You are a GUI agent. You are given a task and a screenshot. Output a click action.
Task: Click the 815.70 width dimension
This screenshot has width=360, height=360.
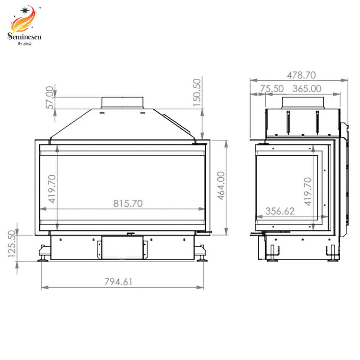tap(128, 203)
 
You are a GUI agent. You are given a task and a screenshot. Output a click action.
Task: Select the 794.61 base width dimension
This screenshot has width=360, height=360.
tap(118, 282)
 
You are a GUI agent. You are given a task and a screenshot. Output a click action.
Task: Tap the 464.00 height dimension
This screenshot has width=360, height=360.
tap(221, 187)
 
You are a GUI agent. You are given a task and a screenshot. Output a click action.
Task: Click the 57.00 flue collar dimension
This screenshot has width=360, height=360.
tap(50, 98)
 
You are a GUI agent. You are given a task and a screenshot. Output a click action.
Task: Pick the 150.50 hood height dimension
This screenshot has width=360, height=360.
tap(197, 92)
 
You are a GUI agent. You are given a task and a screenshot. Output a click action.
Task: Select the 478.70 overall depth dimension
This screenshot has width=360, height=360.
tap(301, 75)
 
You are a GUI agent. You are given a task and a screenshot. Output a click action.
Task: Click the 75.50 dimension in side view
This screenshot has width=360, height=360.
tap(272, 89)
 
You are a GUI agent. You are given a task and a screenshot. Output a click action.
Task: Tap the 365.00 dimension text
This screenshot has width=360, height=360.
tap(307, 89)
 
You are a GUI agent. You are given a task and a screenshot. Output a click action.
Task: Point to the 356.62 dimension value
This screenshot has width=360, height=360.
tap(280, 211)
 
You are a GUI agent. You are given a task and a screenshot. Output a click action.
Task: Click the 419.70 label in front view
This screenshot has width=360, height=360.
tap(51, 188)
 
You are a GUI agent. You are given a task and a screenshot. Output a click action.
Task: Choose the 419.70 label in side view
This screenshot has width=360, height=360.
tap(308, 191)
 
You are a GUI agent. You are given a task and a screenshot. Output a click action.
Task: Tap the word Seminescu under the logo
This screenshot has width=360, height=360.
tap(25, 37)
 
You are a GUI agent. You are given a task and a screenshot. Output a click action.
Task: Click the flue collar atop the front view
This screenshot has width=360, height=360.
tap(122, 102)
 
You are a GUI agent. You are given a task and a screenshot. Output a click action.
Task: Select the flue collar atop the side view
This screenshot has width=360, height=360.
tap(303, 102)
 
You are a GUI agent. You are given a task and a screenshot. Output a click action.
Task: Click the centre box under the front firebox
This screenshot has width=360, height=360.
tap(122, 248)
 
